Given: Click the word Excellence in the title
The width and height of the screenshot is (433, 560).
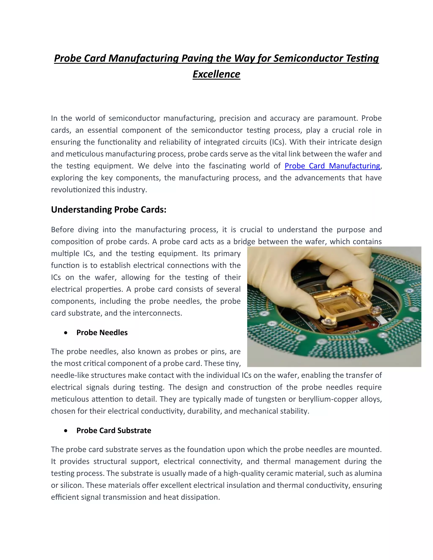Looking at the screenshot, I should [216, 74].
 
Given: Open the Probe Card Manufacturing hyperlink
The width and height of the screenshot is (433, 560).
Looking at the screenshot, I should [332, 166].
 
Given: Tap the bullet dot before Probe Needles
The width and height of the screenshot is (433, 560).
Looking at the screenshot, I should [66, 333].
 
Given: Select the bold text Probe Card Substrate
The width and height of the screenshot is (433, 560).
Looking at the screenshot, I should [114, 430].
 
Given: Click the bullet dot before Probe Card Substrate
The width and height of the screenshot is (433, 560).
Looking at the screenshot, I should [66, 431].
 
